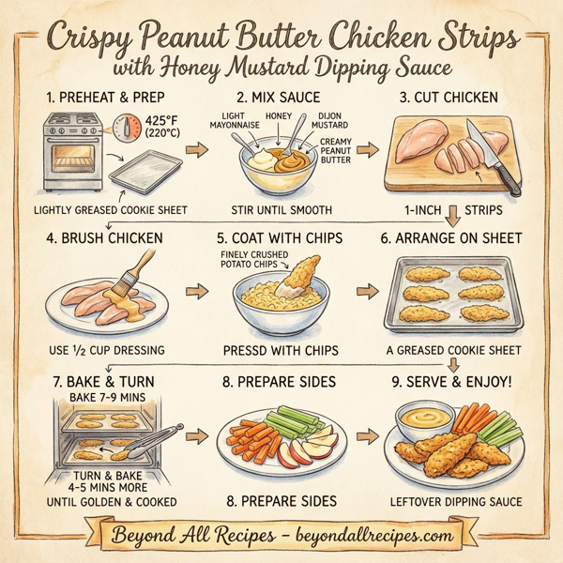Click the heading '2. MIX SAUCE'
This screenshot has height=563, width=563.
coord(280,97)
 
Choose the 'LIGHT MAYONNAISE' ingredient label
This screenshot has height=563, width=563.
coord(226,123)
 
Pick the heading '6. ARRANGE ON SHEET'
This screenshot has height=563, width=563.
coord(451,238)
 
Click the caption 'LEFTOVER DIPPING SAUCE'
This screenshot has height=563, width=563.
coord(455,502)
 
